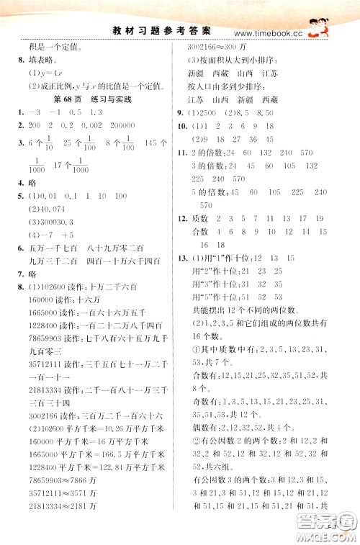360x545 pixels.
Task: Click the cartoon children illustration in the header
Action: click(317, 28)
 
